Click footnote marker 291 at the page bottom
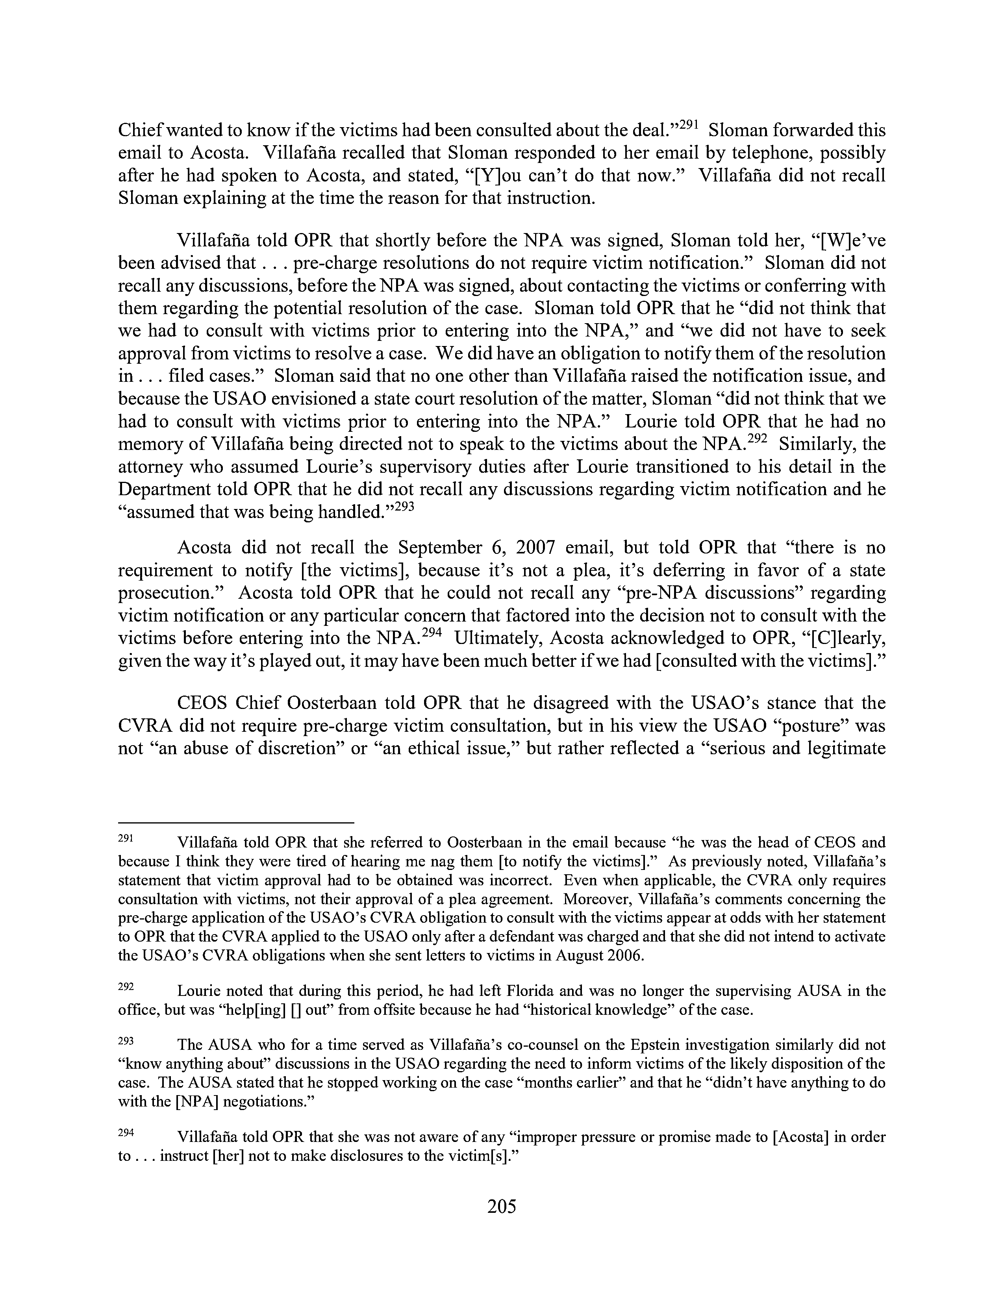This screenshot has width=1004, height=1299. click(x=126, y=838)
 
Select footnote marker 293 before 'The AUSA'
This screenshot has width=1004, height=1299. click(x=126, y=1041)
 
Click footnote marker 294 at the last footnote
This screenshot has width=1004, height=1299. click(x=126, y=1133)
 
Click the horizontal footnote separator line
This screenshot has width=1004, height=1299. click(x=236, y=822)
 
